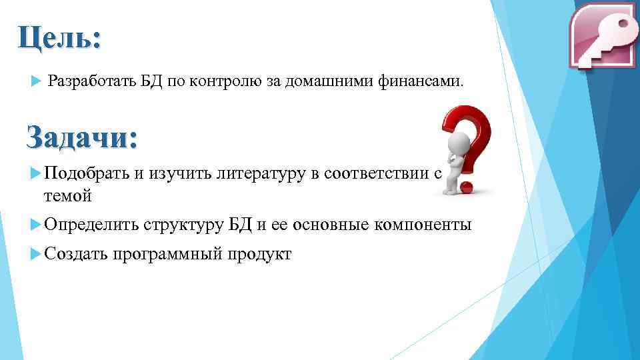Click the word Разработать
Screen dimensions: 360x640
click(x=91, y=81)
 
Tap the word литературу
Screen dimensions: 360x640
click(x=260, y=175)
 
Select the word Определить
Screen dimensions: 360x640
click(x=91, y=225)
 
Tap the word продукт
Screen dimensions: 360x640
click(x=261, y=255)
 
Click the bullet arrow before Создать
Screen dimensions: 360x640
click(x=36, y=255)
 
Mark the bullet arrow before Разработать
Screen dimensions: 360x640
click(x=36, y=81)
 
